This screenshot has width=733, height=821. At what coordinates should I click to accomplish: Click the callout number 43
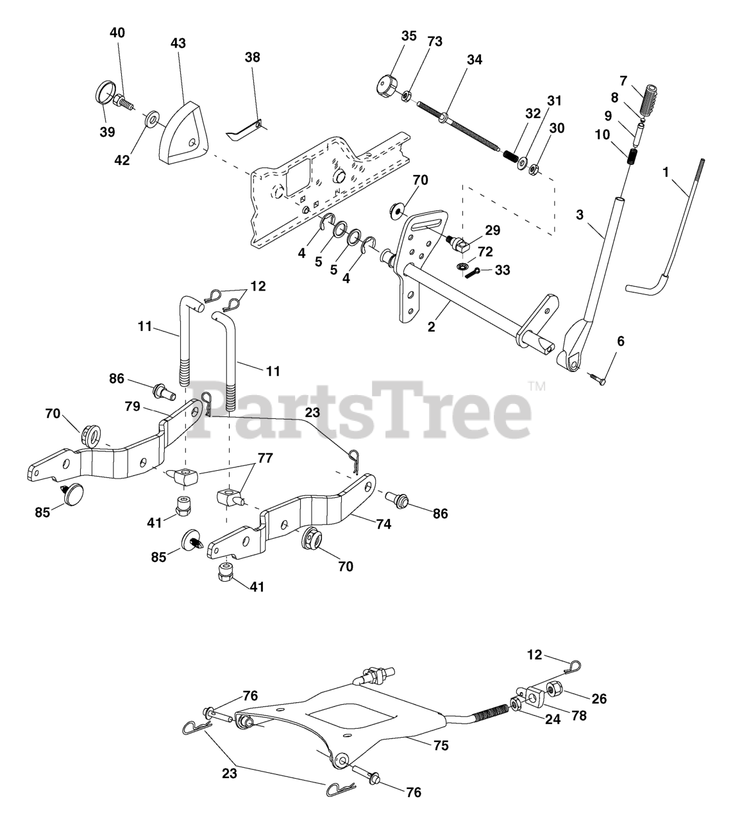click(178, 43)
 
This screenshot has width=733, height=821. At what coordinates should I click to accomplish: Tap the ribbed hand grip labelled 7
click(653, 98)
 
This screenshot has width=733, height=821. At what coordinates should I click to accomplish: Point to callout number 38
click(253, 57)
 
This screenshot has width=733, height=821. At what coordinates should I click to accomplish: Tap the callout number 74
click(383, 523)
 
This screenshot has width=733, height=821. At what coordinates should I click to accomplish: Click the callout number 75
click(441, 746)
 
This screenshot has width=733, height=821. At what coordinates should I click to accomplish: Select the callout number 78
click(579, 715)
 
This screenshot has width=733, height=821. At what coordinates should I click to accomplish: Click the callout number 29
click(493, 230)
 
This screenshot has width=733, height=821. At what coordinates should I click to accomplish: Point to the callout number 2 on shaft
click(432, 326)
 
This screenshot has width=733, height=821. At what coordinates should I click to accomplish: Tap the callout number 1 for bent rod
click(666, 173)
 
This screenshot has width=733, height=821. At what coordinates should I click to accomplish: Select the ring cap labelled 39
click(105, 92)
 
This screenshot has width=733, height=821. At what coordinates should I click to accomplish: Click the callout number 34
click(475, 60)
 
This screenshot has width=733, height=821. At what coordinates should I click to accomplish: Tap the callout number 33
click(503, 270)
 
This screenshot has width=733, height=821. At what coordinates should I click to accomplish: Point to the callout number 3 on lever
click(580, 215)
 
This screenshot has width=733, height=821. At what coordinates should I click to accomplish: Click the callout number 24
click(552, 720)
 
